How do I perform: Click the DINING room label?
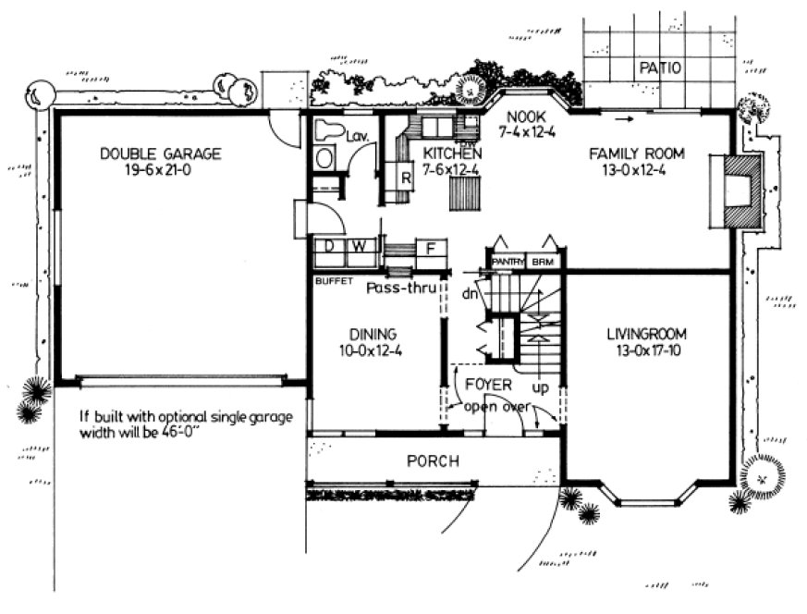click(373, 334)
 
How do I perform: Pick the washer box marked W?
click(357, 247)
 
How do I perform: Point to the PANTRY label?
click(507, 263)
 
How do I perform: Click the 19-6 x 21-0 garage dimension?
click(161, 170)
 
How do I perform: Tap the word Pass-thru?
click(401, 288)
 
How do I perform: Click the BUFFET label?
click(333, 280)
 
